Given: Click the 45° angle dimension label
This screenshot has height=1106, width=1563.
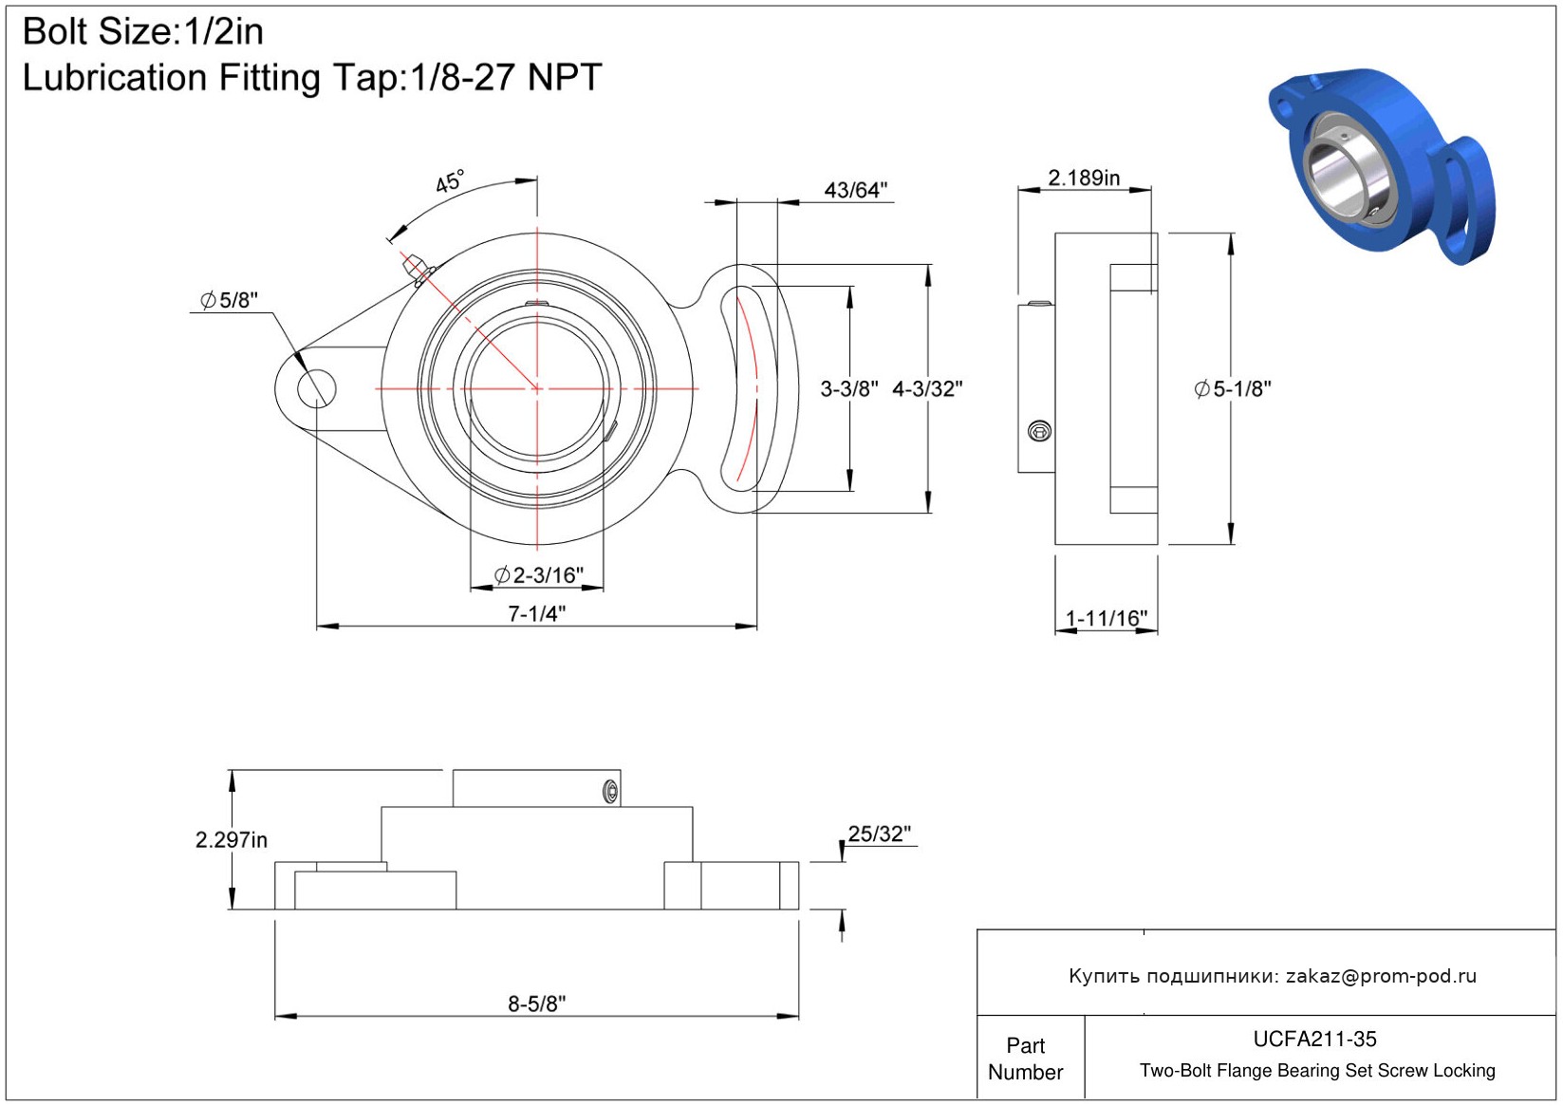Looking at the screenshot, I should (x=450, y=181).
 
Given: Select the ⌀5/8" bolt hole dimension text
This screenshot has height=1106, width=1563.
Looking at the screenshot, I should (x=229, y=300).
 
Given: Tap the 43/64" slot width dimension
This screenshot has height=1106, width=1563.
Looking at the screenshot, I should (x=855, y=190).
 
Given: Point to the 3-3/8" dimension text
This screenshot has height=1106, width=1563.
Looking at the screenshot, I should (x=848, y=388).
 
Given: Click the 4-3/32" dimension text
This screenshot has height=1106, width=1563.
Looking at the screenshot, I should (x=927, y=388).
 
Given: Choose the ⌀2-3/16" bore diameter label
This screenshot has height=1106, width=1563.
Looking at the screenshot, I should (x=538, y=574).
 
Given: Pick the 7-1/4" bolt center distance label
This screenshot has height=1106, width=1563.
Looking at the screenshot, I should (x=536, y=613).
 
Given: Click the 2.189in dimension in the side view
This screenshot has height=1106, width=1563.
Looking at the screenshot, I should (x=1083, y=178).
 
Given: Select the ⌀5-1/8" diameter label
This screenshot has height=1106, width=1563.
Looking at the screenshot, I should (x=1232, y=388).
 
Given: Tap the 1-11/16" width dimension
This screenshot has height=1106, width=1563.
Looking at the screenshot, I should (x=1106, y=618).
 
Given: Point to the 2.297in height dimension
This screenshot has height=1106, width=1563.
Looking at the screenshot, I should (x=232, y=839).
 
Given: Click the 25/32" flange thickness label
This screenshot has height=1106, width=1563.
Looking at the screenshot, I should (x=879, y=834).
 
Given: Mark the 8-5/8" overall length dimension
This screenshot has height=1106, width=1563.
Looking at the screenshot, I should (x=536, y=1003).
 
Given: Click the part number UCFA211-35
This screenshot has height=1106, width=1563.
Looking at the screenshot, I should (x=1314, y=1039).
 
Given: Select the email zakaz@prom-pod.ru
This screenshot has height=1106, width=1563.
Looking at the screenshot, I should (x=1381, y=976).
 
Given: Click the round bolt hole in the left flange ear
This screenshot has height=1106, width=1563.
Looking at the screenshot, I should (x=316, y=388).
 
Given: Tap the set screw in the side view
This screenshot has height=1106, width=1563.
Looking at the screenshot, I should (x=1039, y=432).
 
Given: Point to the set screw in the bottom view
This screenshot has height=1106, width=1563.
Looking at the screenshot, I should (x=610, y=791).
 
